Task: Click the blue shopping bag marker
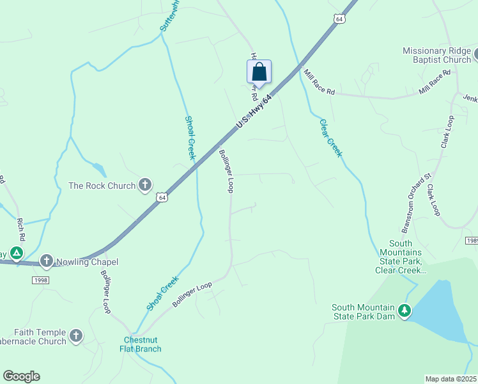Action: point(259,71)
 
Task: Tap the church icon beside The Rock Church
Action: point(145,186)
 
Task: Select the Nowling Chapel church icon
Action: point(46,261)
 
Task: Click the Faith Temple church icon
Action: point(76,336)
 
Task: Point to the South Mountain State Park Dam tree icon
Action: point(404,311)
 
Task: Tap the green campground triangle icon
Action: point(17,253)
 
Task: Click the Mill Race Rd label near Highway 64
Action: point(319,83)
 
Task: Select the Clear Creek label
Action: point(331,138)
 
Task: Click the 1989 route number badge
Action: point(472,240)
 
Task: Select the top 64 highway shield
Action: point(339,19)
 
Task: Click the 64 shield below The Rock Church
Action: point(162,198)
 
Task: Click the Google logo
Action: point(21,376)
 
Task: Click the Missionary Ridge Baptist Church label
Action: point(436,55)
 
